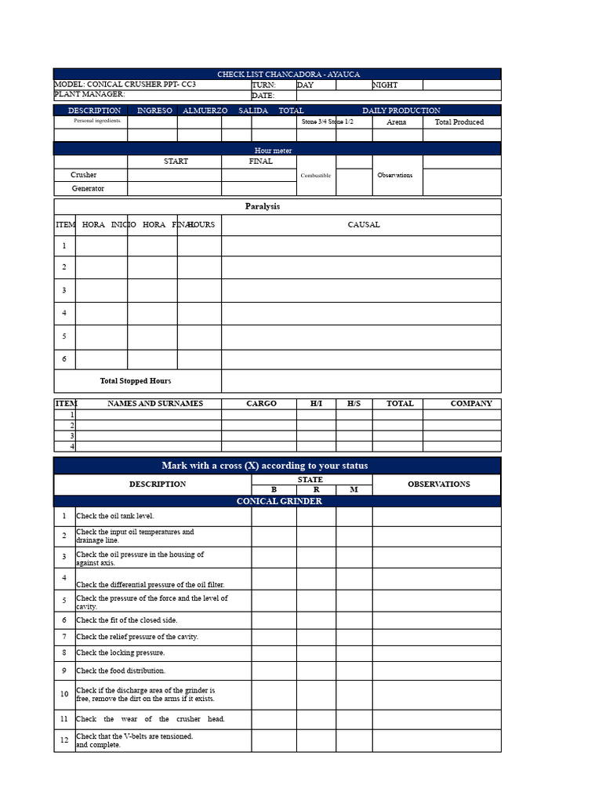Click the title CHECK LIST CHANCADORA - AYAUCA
(x=288, y=74)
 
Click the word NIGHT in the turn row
(x=385, y=85)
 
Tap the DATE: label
(x=263, y=96)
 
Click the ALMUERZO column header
(x=205, y=111)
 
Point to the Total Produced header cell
(x=459, y=122)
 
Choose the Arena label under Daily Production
(x=397, y=122)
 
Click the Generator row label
(x=88, y=188)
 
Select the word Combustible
(x=316, y=176)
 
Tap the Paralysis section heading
(x=262, y=206)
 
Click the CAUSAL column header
(x=364, y=224)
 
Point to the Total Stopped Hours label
(x=136, y=381)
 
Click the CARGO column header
(x=261, y=403)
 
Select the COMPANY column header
(x=471, y=403)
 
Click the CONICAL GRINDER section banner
(x=279, y=501)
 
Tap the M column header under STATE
(x=354, y=490)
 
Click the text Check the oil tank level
(x=115, y=516)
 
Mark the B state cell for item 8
(x=274, y=652)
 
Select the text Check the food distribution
(x=121, y=670)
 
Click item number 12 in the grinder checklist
(x=64, y=740)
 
